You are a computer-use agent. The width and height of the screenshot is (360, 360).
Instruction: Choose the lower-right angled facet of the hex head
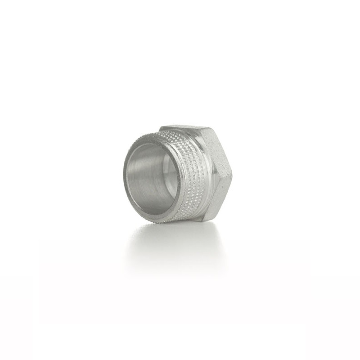click(220, 198)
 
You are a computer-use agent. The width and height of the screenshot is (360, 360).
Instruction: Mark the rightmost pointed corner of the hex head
click(232, 175)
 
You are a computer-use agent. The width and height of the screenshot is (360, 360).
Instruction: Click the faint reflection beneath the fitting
click(175, 243)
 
